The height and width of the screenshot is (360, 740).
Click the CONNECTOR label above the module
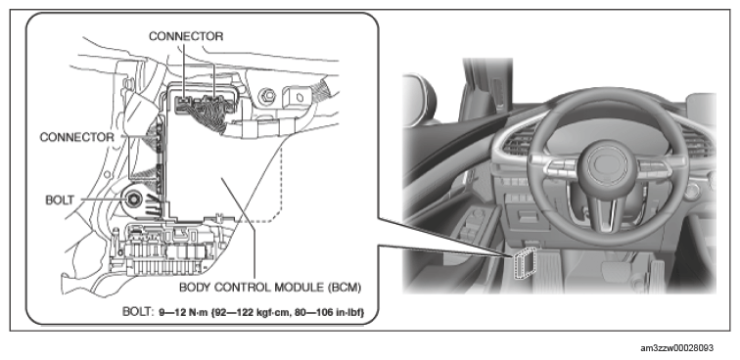[x=186, y=36]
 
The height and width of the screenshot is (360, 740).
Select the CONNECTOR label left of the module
[x=77, y=137]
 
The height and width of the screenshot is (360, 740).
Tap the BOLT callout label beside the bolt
[x=60, y=200]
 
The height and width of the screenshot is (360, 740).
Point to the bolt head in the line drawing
[x=132, y=200]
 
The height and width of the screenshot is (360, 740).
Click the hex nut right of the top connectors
[x=267, y=97]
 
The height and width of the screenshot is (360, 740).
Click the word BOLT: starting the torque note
[x=138, y=312]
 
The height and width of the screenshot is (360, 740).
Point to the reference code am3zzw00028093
[x=676, y=348]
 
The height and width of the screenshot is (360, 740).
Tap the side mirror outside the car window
[x=420, y=97]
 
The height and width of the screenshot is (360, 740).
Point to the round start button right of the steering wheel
[x=691, y=190]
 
